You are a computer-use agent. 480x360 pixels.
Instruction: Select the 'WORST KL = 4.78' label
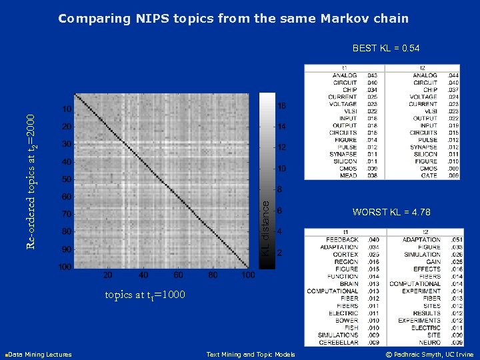(391, 212)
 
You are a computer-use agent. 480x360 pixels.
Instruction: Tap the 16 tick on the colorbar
(282, 106)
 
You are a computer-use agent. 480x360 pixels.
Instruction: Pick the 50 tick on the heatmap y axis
(67, 179)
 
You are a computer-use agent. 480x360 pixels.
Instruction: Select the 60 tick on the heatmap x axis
(177, 275)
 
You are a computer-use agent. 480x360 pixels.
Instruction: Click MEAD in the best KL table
(349, 175)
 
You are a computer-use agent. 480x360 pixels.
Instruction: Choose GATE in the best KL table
(429, 175)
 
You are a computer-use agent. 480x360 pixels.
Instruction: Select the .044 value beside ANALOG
(453, 76)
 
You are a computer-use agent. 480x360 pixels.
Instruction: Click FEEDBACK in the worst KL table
(342, 239)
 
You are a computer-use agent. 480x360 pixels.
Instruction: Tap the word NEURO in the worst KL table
(429, 342)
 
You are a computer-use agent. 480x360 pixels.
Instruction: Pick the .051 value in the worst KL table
(456, 239)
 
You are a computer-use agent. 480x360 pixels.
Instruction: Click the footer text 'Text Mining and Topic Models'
(251, 355)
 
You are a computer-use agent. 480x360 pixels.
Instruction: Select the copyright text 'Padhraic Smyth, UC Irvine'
(434, 355)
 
